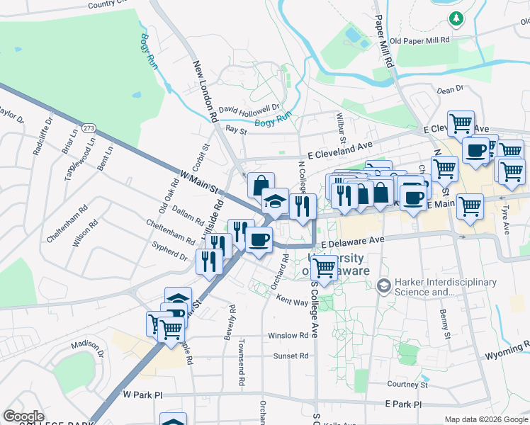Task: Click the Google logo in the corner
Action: click(x=23, y=416)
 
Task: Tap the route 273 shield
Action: click(x=89, y=128)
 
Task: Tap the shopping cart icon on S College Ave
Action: click(x=324, y=268)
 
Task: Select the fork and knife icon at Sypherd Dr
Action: click(x=209, y=261)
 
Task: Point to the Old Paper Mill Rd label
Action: click(x=420, y=40)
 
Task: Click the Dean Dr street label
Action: click(x=450, y=90)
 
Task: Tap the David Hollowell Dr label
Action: click(x=249, y=109)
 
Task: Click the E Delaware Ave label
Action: click(x=351, y=241)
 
